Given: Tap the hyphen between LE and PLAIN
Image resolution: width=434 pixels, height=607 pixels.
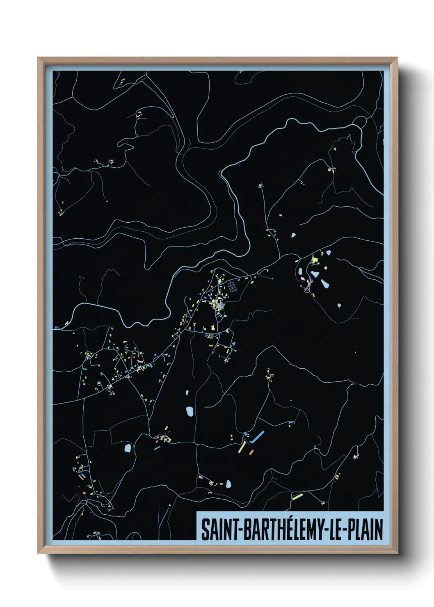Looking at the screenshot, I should [345, 530].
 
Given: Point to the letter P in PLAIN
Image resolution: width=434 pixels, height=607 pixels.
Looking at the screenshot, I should [352, 529].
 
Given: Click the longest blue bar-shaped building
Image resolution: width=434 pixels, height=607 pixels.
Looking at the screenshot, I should [257, 437].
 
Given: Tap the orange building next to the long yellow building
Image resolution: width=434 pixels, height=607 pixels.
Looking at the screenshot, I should [251, 452].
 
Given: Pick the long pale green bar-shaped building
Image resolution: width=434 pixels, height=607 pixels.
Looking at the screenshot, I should [297, 497].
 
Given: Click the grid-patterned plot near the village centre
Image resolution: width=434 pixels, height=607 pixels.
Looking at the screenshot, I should [232, 285].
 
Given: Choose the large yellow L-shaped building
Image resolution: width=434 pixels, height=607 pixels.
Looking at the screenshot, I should [315, 260].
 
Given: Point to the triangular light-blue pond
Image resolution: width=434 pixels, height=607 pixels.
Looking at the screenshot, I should [314, 274].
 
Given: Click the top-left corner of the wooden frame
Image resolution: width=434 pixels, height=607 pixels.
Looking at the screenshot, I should [39, 58].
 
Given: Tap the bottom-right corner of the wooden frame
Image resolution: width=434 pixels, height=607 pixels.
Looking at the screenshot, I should [397, 553].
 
